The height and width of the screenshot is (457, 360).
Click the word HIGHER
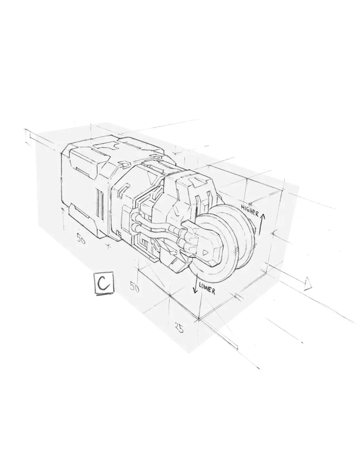point(250,210)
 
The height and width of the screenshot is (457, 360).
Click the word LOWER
point(207,288)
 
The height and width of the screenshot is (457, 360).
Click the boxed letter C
point(103,283)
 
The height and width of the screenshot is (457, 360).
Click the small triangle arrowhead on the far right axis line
point(307,284)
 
